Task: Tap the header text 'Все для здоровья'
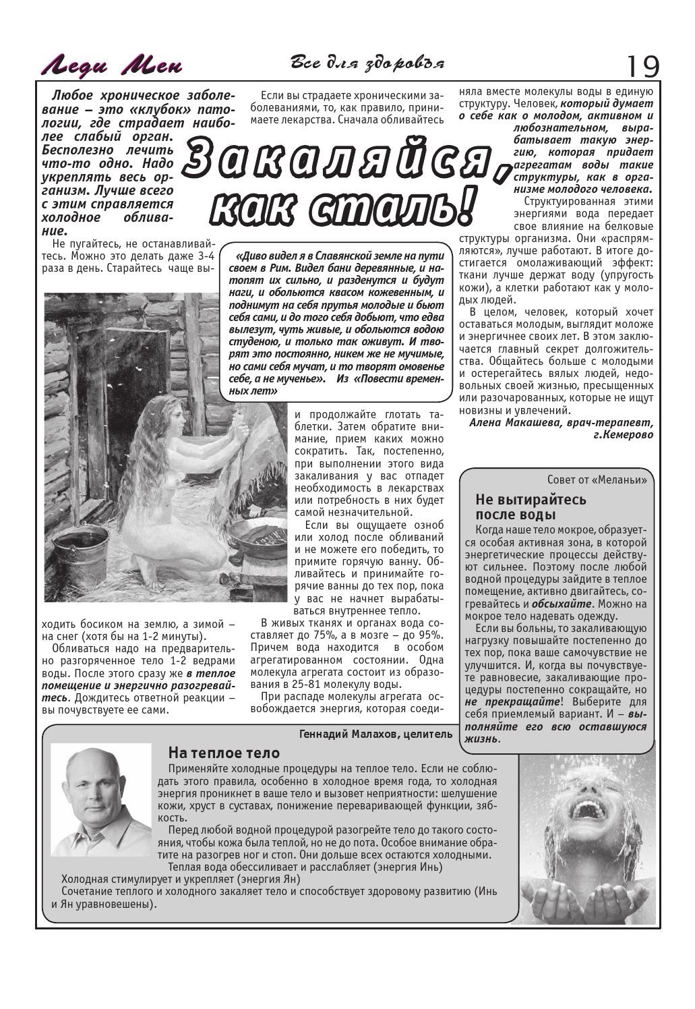[367, 63]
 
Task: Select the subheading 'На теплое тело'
[223, 753]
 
